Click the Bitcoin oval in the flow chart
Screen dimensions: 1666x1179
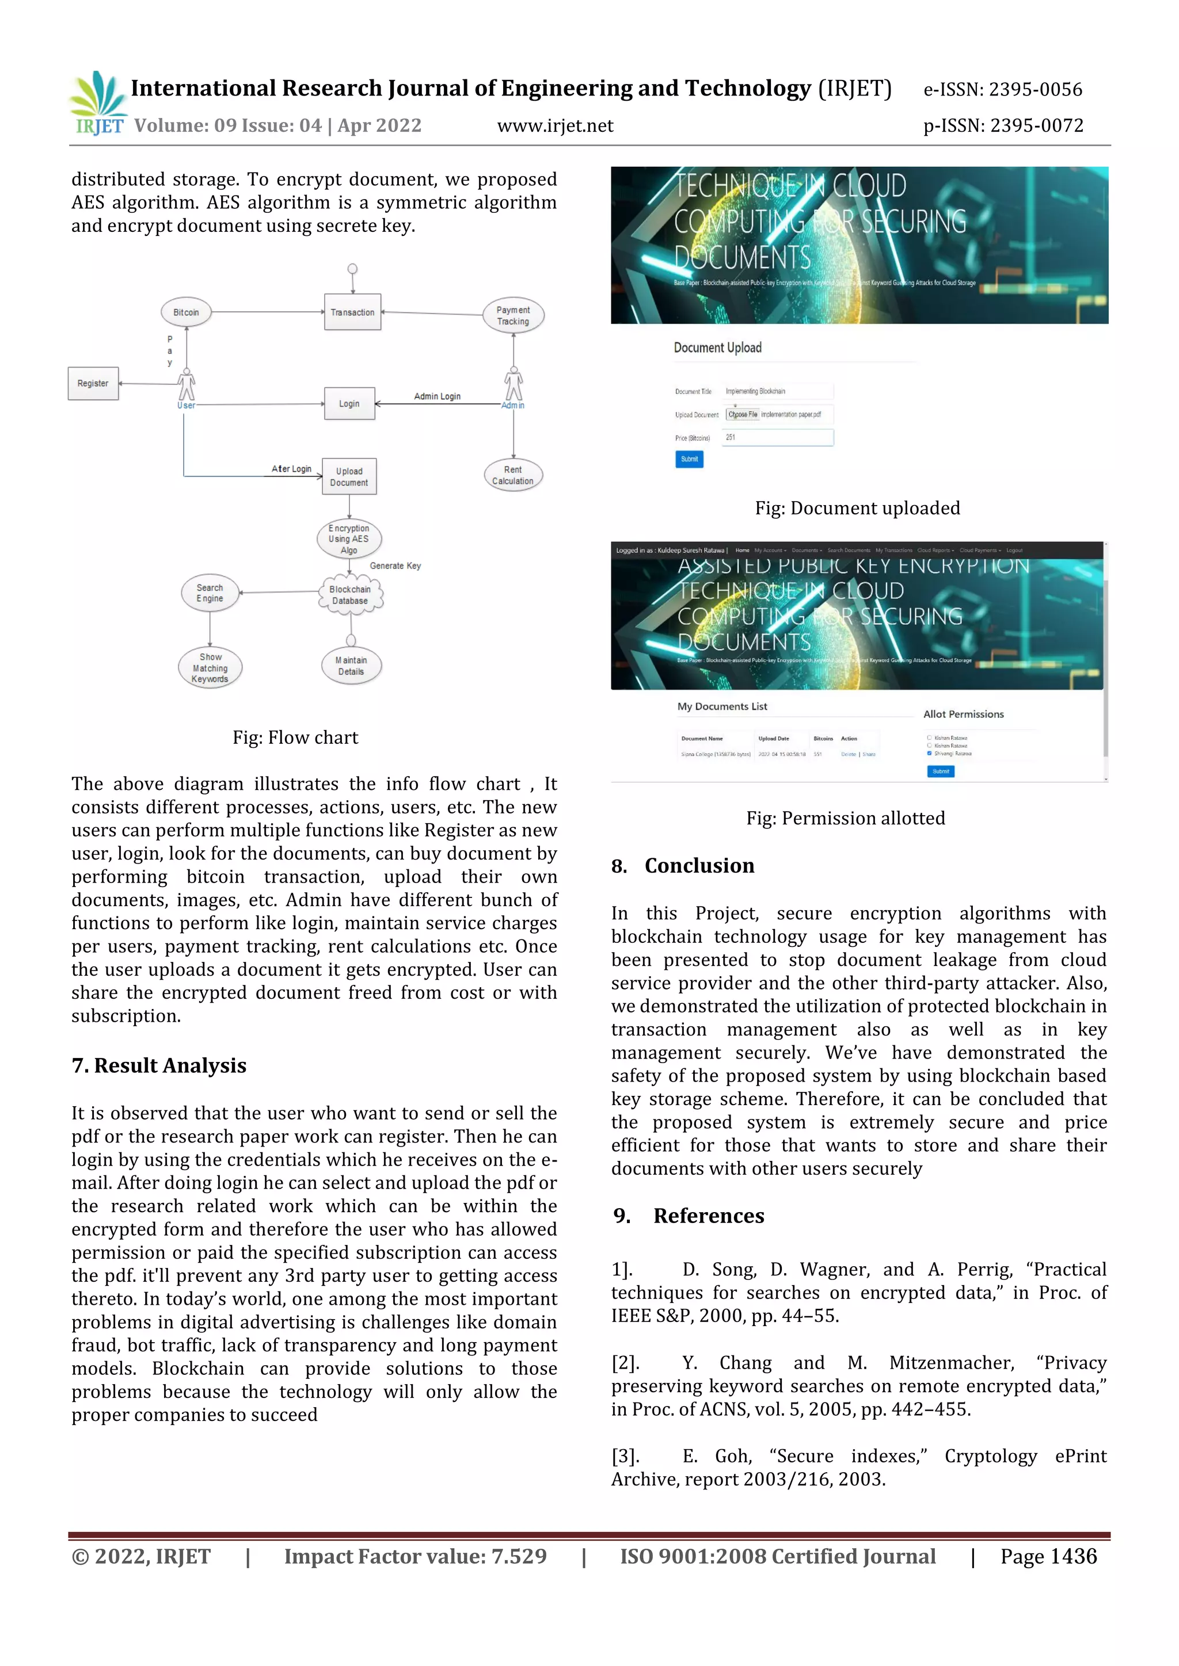186,313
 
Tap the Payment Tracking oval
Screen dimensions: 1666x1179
514,316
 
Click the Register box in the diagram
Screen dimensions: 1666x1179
93,383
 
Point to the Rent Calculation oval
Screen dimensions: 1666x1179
512,475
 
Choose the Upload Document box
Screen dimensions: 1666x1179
349,477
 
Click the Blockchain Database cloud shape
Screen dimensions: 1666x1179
350,595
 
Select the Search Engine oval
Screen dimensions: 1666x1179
210,593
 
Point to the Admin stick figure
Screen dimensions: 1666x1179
514,385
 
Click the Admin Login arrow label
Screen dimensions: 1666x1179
437,396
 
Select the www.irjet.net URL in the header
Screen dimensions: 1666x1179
554,126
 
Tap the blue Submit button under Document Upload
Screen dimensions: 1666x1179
689,458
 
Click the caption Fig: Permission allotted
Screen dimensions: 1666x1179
845,819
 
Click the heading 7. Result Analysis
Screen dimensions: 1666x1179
159,1065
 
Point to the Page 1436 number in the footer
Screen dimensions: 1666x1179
1048,1557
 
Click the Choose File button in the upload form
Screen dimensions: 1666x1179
743,414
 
